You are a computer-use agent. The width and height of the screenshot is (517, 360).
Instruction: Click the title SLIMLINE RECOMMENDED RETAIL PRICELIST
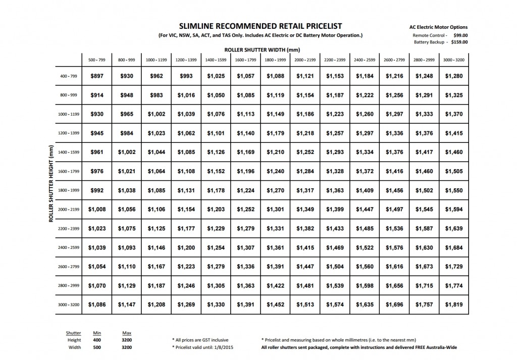tap(258, 25)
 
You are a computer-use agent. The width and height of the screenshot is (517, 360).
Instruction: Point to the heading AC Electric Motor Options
tap(438, 27)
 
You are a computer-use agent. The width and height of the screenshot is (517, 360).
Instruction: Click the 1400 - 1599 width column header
tap(216, 60)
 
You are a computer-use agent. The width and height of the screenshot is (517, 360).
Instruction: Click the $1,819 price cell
tap(454, 304)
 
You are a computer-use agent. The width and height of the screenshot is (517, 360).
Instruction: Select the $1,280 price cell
tap(454, 76)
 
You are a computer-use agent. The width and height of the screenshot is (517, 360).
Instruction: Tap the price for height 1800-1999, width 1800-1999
tap(276, 191)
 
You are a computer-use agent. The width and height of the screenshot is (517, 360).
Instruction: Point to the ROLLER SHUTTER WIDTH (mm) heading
tap(258, 50)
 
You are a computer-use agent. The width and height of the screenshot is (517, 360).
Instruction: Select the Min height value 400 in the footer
tap(97, 340)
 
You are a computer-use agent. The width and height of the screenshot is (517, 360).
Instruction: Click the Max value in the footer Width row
tap(127, 347)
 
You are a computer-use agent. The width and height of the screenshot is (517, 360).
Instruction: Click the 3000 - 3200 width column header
tap(454, 60)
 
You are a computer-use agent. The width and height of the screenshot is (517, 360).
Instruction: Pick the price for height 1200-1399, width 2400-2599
tap(365, 133)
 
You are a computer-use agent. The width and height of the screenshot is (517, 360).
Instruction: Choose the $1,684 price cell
tap(454, 247)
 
